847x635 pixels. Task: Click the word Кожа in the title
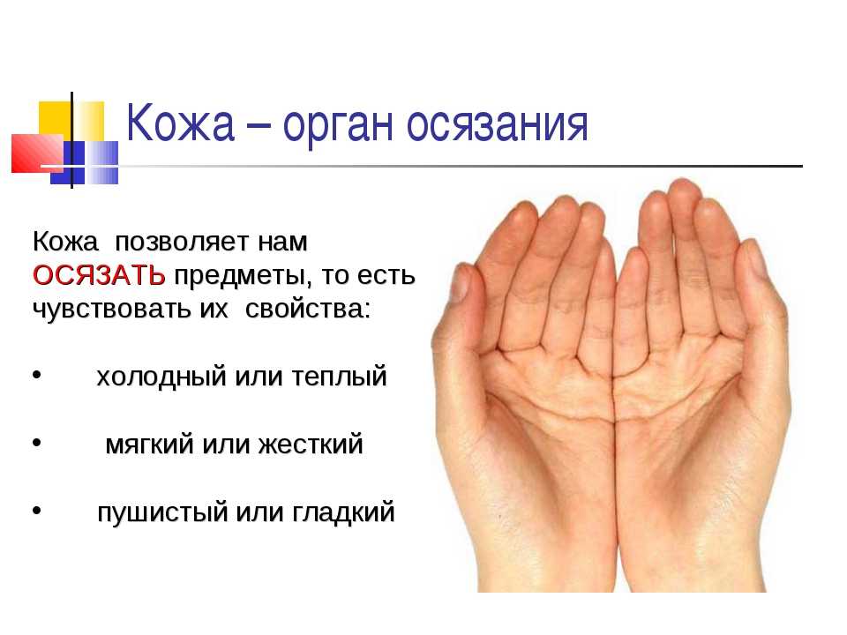[180, 123]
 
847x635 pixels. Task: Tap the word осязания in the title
[497, 126]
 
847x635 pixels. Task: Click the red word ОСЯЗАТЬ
[99, 275]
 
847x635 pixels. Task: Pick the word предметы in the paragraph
[243, 277]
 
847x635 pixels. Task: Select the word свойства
[308, 309]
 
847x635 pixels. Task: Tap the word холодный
[161, 377]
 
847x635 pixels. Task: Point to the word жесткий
[310, 444]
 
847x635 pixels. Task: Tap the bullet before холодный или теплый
[37, 374]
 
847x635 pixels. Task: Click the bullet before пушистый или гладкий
[37, 510]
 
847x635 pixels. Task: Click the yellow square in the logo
[71, 122]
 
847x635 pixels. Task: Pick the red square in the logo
[38, 153]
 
